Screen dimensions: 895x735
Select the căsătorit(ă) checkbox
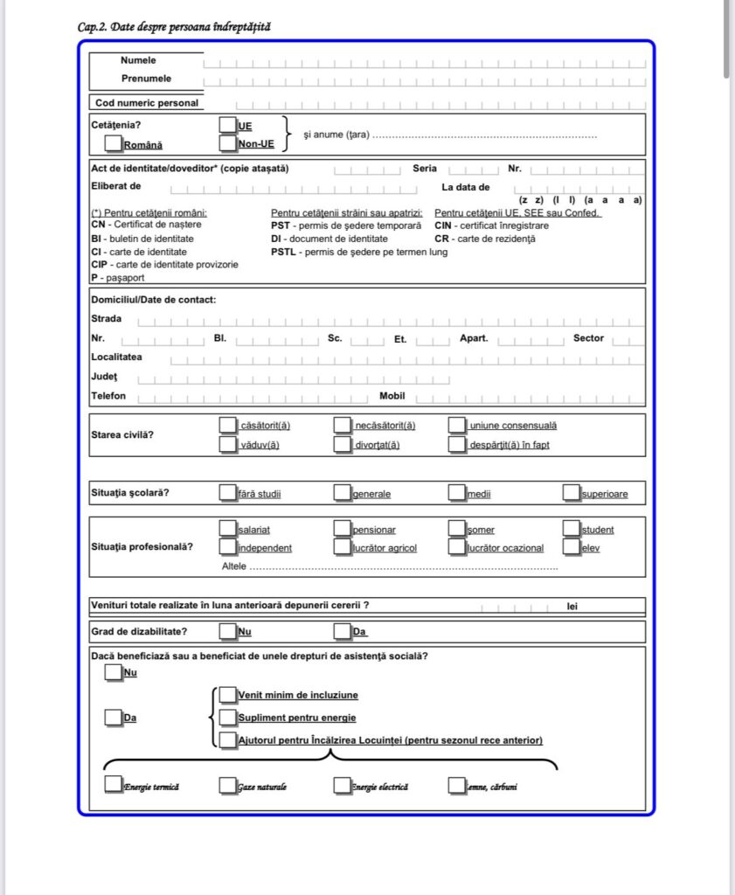pos(228,426)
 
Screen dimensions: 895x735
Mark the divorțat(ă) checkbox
pos(343,445)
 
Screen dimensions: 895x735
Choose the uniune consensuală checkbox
pos(457,426)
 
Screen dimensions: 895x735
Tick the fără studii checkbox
pos(228,493)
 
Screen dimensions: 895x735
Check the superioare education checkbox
pos(572,493)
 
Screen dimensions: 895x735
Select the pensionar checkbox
pos(343,529)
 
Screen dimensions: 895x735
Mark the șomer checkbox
pos(457,529)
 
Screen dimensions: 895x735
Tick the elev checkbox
pos(572,548)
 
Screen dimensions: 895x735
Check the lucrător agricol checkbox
pos(343,548)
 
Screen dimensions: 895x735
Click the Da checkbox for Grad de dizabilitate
pos(343,631)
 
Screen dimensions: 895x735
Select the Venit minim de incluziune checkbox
pos(228,695)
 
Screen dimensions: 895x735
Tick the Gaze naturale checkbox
pos(228,786)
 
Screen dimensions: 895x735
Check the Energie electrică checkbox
pos(343,786)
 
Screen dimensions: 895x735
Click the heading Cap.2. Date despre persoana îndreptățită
pos(174,27)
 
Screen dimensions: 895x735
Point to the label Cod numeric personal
pos(147,103)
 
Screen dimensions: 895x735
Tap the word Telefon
pos(108,396)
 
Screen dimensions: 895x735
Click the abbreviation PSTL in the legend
pos(283,252)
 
